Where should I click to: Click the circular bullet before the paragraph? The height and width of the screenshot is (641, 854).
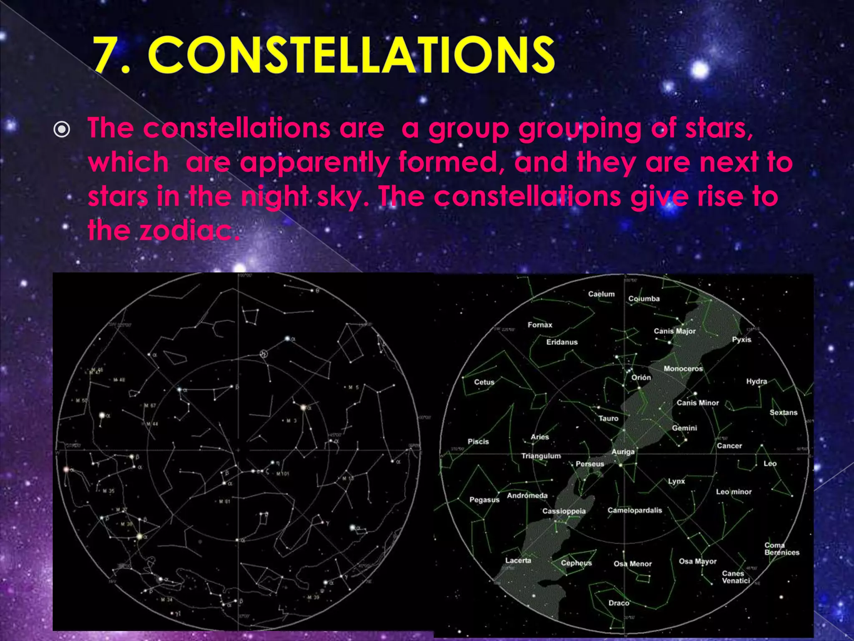pyautogui.click(x=62, y=130)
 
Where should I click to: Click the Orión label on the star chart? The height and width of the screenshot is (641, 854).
pyautogui.click(x=641, y=377)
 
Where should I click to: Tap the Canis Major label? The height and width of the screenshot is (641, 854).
pyautogui.click(x=674, y=331)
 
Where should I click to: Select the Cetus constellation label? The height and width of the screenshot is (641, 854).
pyautogui.click(x=484, y=382)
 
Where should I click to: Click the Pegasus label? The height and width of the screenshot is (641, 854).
pyautogui.click(x=484, y=500)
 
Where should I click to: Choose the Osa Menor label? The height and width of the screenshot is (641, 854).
pyautogui.click(x=632, y=564)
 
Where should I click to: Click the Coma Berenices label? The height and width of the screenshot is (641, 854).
pyautogui.click(x=781, y=549)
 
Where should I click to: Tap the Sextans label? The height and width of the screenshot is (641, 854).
pyautogui.click(x=783, y=412)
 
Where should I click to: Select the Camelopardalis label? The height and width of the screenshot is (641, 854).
pyautogui.click(x=634, y=510)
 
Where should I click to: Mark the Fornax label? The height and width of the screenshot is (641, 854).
pyautogui.click(x=540, y=325)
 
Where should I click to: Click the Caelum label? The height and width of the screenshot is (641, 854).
pyautogui.click(x=601, y=294)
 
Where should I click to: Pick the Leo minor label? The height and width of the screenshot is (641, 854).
pyautogui.click(x=733, y=492)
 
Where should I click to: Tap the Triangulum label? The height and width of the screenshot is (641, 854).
pyautogui.click(x=541, y=456)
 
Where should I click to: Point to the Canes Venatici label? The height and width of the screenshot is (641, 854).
pyautogui.click(x=736, y=577)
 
